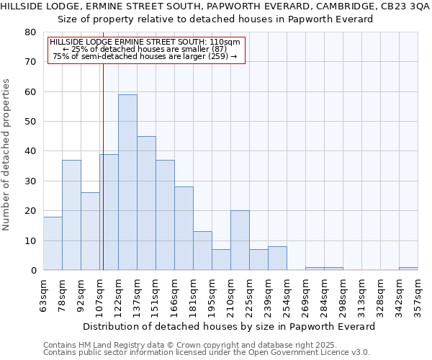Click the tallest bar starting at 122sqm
coord(127,182)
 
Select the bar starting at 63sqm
coord(53,243)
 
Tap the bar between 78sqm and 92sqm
coord(71,215)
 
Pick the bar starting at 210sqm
coord(240,240)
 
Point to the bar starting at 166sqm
coord(184,228)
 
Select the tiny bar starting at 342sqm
coord(408,269)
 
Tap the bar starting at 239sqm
coord(277,258)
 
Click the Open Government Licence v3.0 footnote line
coord(206,352)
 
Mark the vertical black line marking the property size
coord(103,180)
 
